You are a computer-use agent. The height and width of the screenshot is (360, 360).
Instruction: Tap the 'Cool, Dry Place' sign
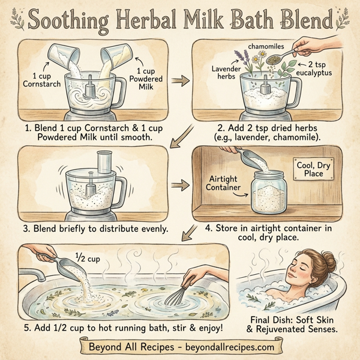point(309,169)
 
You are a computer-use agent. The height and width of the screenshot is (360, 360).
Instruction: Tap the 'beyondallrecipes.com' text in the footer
point(222,347)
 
